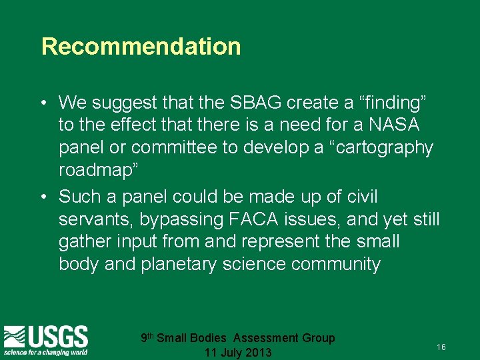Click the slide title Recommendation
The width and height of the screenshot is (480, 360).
pos(141,47)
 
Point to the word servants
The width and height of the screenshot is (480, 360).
pos(95,219)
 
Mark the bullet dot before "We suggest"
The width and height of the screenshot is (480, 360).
pos(43,103)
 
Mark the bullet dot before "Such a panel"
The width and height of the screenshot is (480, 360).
pos(43,197)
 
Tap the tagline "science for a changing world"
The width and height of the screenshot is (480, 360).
pos(45,351)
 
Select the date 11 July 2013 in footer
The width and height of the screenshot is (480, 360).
pos(238,352)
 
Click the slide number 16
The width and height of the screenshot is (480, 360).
pos(441,347)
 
